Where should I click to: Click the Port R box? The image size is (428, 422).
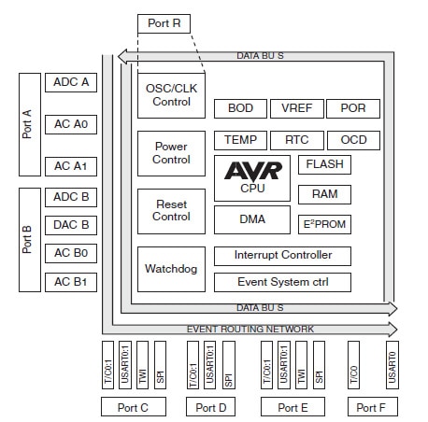[164, 23]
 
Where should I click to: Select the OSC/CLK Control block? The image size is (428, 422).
[170, 95]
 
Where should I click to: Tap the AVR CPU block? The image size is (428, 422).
[251, 177]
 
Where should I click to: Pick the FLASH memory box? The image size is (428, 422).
[324, 165]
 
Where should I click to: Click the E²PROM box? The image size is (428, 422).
[324, 225]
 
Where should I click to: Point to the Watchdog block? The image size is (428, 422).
[170, 270]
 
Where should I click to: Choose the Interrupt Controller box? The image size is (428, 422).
[283, 255]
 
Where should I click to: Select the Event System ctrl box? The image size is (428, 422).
[283, 282]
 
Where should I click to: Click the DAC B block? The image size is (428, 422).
[71, 225]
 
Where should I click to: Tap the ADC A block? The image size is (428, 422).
[71, 82]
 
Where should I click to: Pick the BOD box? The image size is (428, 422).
[240, 109]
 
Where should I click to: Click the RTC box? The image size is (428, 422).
[296, 140]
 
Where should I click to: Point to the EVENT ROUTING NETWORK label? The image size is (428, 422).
[250, 329]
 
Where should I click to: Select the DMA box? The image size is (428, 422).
[251, 219]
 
